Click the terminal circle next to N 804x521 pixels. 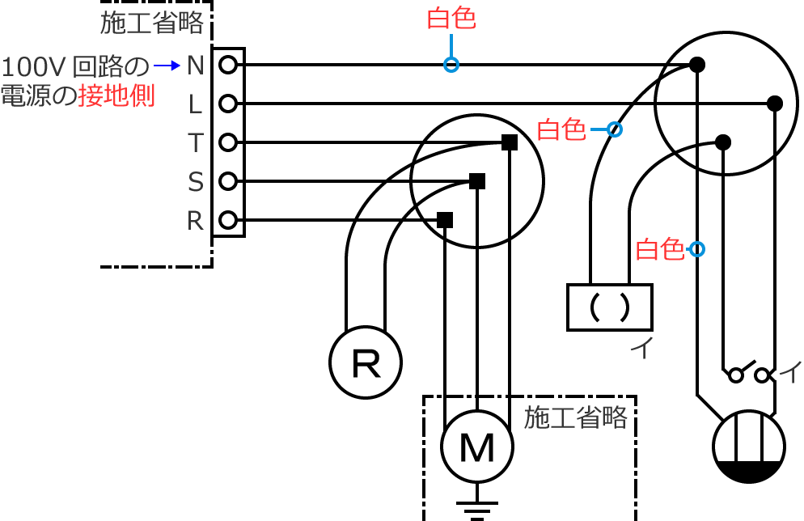pyautogui.click(x=228, y=65)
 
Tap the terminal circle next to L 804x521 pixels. pyautogui.click(x=228, y=104)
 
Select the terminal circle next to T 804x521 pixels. pyautogui.click(x=228, y=143)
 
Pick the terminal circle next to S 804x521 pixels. pyautogui.click(x=228, y=181)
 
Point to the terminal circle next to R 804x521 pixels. pyautogui.click(x=228, y=220)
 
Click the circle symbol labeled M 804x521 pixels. pyautogui.click(x=477, y=446)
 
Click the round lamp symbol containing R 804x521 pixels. pyautogui.click(x=366, y=362)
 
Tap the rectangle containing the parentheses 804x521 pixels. pyautogui.click(x=609, y=307)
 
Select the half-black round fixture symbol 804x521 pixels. pyautogui.click(x=749, y=447)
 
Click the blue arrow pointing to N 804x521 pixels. pyautogui.click(x=166, y=65)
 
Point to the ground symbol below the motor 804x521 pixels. pyautogui.click(x=477, y=510)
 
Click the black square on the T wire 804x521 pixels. pyautogui.click(x=509, y=142)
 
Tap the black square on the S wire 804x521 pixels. pyautogui.click(x=477, y=181)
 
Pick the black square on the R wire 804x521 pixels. pyautogui.click(x=444, y=219)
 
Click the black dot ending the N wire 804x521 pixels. pyautogui.click(x=696, y=65)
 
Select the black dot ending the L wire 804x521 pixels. pyautogui.click(x=774, y=104)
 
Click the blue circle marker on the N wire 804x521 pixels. pyautogui.click(x=451, y=65)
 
